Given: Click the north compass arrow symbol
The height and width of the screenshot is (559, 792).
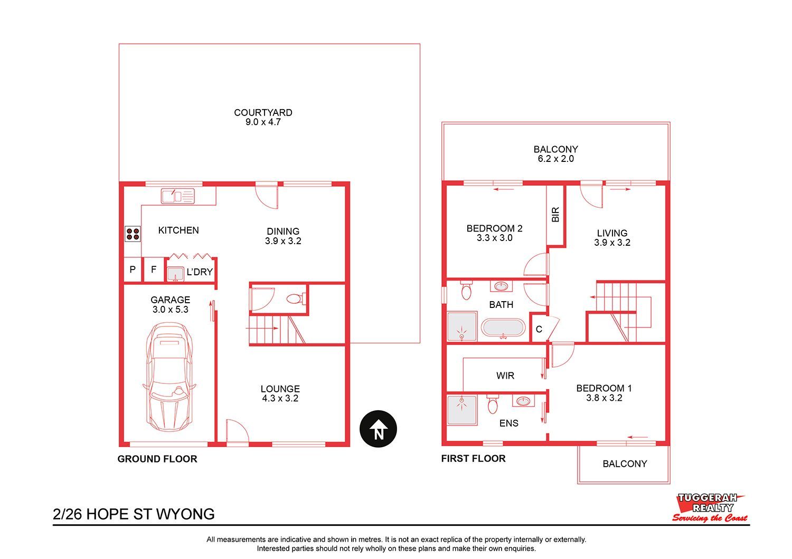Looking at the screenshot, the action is click(x=378, y=429).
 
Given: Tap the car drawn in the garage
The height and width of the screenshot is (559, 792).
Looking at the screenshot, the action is click(x=169, y=377).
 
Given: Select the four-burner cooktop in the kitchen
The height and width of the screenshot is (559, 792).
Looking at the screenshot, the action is click(x=133, y=234).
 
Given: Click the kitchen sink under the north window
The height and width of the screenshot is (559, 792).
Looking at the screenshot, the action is click(x=178, y=196).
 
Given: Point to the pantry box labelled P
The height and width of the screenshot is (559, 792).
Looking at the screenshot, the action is click(x=133, y=270).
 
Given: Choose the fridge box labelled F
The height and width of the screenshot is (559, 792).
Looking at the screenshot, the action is click(x=154, y=270).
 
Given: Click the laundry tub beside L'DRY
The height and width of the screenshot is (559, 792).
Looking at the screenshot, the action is click(x=175, y=274).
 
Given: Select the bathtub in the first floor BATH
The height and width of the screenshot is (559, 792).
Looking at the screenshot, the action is click(x=503, y=327).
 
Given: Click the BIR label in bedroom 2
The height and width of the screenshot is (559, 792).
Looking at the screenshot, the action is click(x=555, y=214).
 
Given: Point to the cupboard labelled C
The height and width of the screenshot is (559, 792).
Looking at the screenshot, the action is click(x=539, y=329).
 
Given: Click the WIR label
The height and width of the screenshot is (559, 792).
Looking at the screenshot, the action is click(x=505, y=375).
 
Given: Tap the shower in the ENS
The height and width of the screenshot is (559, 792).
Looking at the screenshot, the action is click(x=462, y=410).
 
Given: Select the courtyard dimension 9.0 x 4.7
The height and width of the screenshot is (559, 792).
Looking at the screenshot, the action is click(x=263, y=122).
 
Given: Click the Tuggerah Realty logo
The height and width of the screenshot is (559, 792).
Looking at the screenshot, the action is click(x=710, y=508).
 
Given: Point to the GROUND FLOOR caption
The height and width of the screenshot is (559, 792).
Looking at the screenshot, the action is click(x=157, y=459).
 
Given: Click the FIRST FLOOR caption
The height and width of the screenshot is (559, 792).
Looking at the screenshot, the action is click(x=474, y=459).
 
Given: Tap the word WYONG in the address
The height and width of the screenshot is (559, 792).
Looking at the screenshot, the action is click(x=185, y=514).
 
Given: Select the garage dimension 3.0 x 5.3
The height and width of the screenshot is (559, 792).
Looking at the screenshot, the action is click(x=171, y=310).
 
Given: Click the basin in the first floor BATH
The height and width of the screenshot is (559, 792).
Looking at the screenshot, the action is click(x=501, y=286).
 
